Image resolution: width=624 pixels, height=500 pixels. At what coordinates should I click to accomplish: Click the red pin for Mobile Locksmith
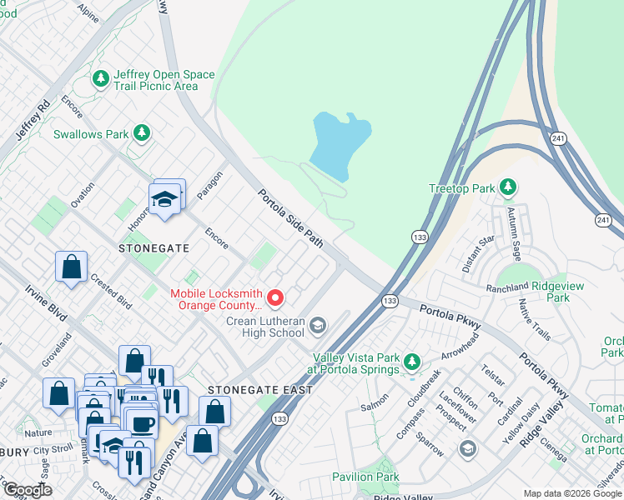point(275,297)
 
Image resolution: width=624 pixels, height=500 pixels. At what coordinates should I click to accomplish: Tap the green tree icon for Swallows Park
point(142,133)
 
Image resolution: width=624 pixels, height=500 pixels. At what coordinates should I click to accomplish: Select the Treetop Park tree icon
point(506,187)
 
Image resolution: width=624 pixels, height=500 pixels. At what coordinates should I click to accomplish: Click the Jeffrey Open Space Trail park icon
point(101,79)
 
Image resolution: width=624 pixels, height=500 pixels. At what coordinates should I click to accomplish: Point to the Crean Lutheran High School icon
point(317,326)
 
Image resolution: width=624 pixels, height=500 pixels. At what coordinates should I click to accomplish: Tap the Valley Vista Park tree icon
point(411,362)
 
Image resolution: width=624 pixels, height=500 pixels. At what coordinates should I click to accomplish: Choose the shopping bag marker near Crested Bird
point(72,267)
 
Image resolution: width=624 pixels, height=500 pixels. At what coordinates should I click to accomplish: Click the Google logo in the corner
point(28,489)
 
